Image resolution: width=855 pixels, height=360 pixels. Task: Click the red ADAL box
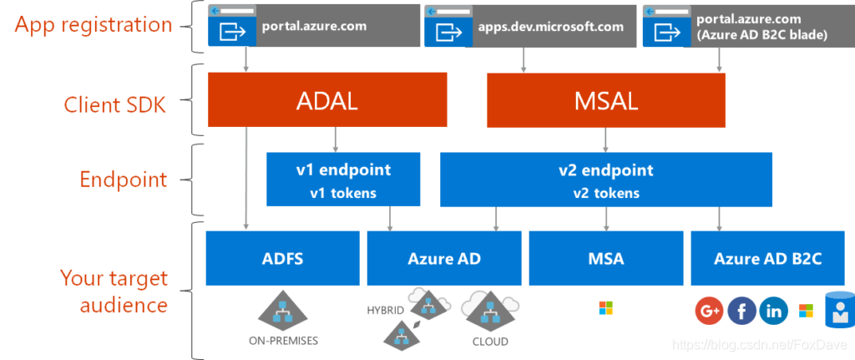[327, 99]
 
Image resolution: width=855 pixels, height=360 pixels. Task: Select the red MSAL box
[606, 99]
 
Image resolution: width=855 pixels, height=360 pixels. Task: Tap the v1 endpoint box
[343, 179]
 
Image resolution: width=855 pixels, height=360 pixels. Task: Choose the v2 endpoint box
[606, 179]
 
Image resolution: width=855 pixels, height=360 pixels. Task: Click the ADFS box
[282, 258]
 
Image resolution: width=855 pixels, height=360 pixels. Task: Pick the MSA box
[606, 258]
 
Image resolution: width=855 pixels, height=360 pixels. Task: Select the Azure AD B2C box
[768, 258]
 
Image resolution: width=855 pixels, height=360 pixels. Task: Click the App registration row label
[93, 26]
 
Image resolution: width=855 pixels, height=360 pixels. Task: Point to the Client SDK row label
[114, 104]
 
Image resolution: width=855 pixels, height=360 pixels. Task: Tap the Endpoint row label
[124, 179]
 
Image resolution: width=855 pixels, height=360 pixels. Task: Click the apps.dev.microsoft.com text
[551, 26]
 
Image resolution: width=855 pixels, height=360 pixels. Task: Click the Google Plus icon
[709, 312]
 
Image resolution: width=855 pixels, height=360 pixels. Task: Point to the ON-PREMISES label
[283, 342]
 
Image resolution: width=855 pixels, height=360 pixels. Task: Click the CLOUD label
[489, 342]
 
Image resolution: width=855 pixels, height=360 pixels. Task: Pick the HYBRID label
[386, 311]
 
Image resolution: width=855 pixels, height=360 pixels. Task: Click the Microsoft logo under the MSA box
[606, 308]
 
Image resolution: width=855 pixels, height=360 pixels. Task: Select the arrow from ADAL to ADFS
[246, 177]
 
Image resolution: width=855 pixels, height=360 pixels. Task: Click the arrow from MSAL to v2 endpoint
[606, 139]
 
